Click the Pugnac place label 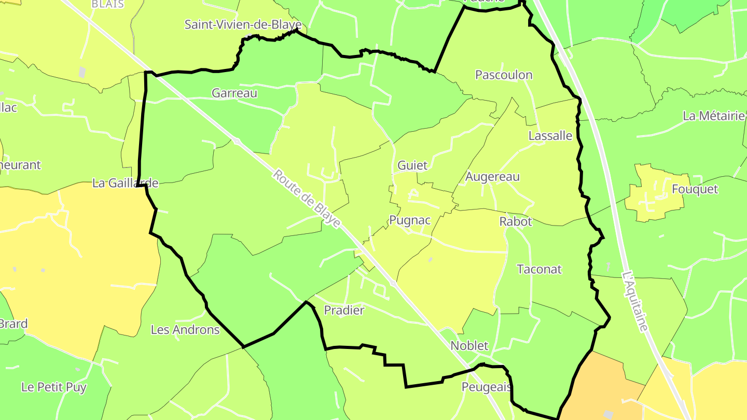(410, 220)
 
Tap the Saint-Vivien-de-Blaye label (243, 24)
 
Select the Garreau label (234, 93)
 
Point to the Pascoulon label (504, 75)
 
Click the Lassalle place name (550, 136)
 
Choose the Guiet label (412, 165)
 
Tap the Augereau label (492, 176)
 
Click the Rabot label (516, 221)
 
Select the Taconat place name (539, 269)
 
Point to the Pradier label (344, 310)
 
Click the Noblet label (469, 345)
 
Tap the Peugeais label (487, 387)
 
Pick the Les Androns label (185, 329)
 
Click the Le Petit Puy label (54, 386)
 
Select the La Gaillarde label (125, 183)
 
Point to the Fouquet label (695, 189)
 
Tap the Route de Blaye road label (307, 199)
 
